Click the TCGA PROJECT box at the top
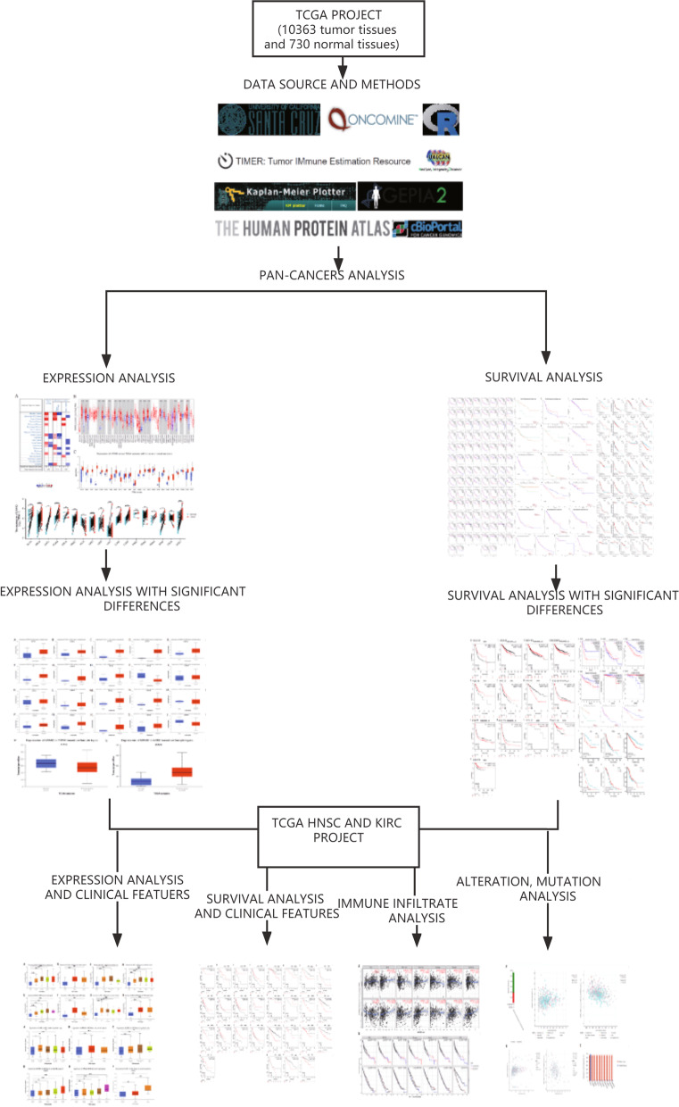340,33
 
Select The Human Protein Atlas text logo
302,229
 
